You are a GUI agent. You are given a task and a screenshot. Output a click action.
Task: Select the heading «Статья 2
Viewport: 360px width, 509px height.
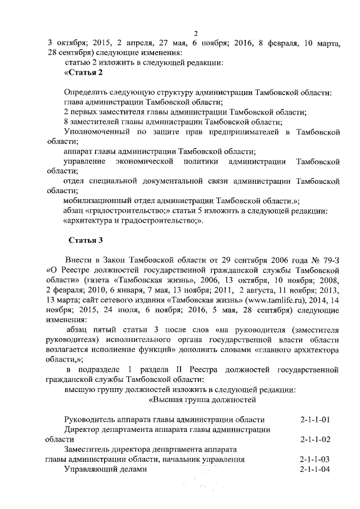[84, 73]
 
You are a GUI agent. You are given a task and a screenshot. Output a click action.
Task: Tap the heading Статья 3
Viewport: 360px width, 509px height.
[85, 241]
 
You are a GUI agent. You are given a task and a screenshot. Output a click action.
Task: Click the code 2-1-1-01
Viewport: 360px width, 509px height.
[314, 420]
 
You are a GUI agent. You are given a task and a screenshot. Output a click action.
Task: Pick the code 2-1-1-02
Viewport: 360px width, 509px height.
[314, 439]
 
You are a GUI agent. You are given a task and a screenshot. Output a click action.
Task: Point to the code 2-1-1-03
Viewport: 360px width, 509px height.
[314, 459]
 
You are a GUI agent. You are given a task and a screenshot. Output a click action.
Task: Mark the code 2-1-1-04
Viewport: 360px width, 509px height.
[314, 469]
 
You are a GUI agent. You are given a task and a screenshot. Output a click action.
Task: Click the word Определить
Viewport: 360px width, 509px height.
[85, 92]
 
